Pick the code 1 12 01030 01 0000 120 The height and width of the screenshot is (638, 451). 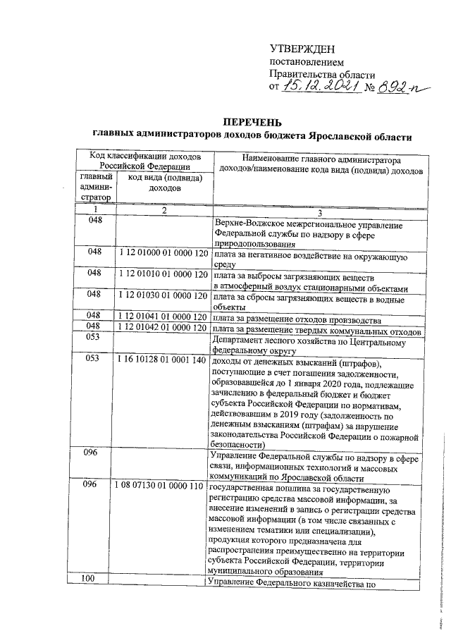pyautogui.click(x=162, y=294)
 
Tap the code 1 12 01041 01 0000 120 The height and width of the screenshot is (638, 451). pyautogui.click(x=162, y=315)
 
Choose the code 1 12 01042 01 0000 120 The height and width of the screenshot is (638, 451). pyautogui.click(x=162, y=326)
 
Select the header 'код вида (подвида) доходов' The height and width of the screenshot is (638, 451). pyautogui.click(x=162, y=183)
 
